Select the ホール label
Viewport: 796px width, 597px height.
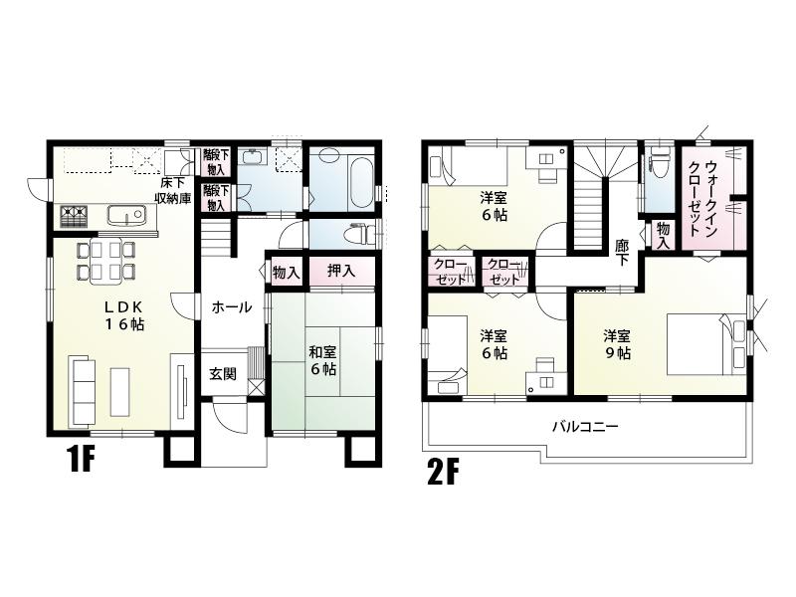click(231, 307)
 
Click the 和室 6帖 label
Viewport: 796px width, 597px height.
click(321, 359)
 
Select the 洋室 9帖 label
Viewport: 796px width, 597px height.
click(616, 343)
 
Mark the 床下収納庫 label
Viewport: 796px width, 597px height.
click(172, 189)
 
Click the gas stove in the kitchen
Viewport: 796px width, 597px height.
click(75, 214)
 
